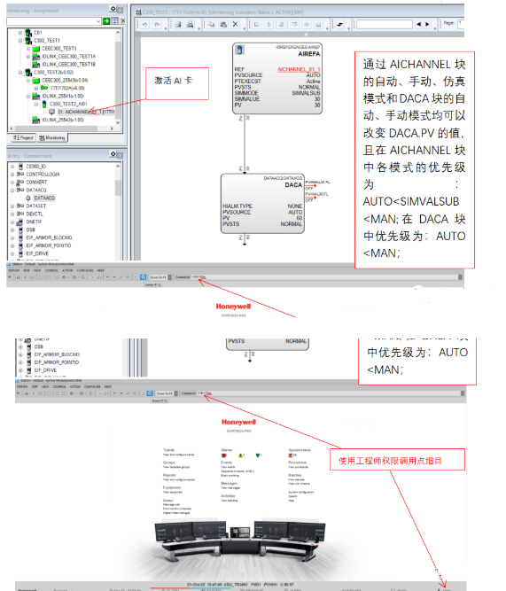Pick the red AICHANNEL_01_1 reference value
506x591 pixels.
point(299,68)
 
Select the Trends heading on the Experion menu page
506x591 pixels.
point(168,449)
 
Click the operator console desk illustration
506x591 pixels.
point(239,545)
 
